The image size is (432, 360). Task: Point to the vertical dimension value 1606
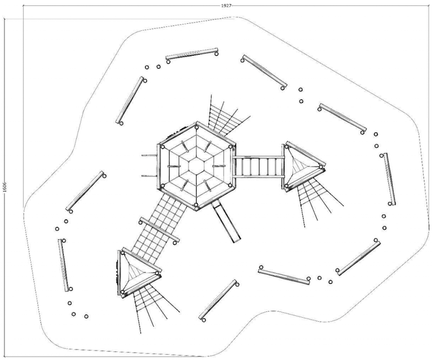[x=4, y=187]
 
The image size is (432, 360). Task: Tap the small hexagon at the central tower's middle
[x=197, y=165]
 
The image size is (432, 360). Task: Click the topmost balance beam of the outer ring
[x=192, y=54]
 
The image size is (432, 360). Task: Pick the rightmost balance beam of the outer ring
[x=389, y=178]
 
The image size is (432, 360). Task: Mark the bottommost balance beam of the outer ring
[x=218, y=299]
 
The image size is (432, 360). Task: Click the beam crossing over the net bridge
[x=160, y=230]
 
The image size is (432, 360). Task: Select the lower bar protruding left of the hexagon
[x=150, y=176]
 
